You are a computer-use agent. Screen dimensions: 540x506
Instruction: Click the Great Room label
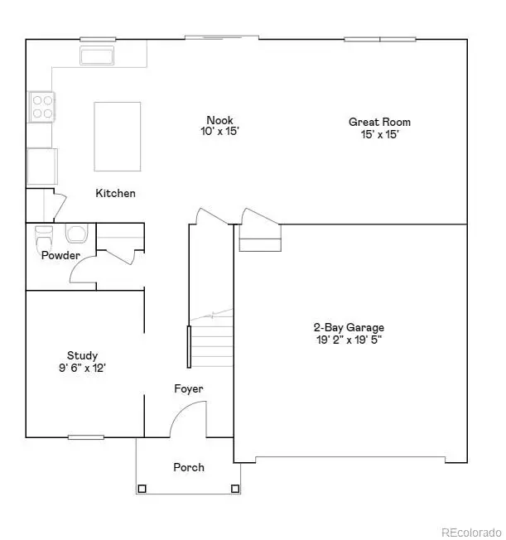click(x=379, y=122)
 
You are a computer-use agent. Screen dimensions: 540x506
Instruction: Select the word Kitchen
click(x=115, y=193)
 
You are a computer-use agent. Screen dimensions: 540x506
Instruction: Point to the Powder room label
click(x=60, y=255)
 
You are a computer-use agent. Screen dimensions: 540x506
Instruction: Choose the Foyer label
click(x=188, y=388)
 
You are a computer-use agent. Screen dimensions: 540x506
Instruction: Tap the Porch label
click(x=188, y=467)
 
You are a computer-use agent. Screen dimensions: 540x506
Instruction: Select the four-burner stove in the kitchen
click(x=42, y=105)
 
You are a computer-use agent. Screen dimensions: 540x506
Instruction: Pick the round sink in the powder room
click(x=75, y=233)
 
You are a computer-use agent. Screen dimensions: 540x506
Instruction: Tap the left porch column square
click(x=142, y=489)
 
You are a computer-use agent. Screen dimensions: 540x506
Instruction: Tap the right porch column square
click(x=235, y=489)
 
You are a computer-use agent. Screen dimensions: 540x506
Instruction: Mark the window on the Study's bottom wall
click(x=85, y=436)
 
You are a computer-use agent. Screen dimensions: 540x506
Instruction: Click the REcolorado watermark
click(x=470, y=531)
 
